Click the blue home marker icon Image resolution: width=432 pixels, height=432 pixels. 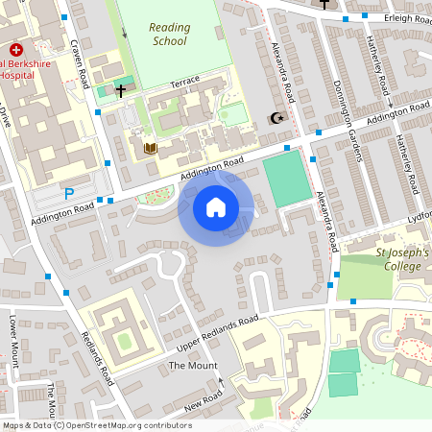pos(216,206)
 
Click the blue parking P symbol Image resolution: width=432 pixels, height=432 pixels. pos(68,194)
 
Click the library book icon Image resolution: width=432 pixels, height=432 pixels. pos(149,148)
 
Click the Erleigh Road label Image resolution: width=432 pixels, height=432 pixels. pos(403,17)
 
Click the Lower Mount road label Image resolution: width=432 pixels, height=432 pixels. pos(13,341)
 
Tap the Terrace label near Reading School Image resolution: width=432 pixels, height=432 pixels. pos(186,84)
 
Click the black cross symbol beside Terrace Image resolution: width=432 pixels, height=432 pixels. pos(120,92)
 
